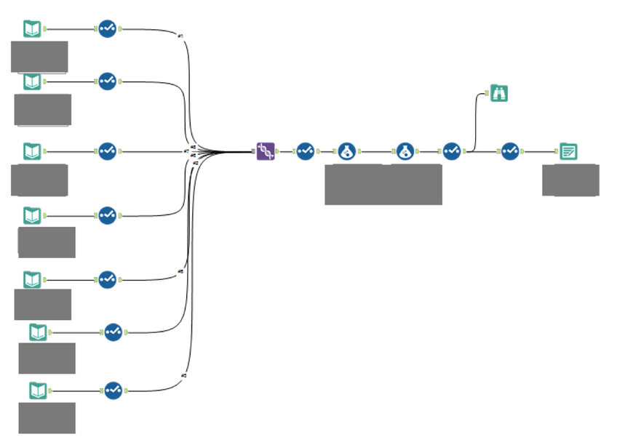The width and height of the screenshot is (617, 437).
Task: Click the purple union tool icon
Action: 266,151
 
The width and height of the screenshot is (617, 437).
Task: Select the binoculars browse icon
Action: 498,93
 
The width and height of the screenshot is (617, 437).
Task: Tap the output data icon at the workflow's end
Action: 569,151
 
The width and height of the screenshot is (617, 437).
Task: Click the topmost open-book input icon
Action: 32,29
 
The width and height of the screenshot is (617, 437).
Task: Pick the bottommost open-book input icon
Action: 38,390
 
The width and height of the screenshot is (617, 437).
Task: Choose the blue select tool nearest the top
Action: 107,29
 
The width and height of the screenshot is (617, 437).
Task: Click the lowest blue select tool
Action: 113,390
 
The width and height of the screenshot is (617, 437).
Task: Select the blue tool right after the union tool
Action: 305,151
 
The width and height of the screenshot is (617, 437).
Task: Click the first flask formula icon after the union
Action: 346,151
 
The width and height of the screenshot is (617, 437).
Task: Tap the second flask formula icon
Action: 405,151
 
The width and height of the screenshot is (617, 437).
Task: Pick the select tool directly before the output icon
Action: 510,151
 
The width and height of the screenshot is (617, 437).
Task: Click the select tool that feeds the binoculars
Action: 452,151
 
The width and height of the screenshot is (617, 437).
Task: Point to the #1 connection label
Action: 180,35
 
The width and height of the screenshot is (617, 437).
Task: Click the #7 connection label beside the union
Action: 186,151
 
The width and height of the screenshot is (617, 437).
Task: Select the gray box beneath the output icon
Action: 570,180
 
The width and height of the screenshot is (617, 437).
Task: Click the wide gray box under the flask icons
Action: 383,184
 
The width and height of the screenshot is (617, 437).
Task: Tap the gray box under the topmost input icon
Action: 39,56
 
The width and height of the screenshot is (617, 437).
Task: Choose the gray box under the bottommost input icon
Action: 47,417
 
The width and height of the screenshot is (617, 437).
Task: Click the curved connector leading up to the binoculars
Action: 476,116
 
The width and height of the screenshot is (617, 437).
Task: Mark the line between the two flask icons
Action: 375,152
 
